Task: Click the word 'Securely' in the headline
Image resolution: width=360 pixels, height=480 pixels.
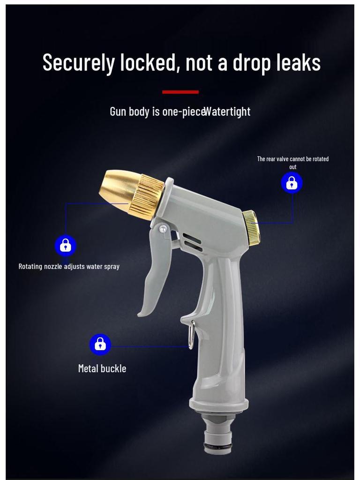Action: (x=78, y=63)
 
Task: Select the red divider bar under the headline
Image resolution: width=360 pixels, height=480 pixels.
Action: (x=180, y=92)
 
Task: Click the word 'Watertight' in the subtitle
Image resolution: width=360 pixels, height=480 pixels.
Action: (x=228, y=112)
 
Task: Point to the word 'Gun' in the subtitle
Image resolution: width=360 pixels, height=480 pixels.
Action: (x=118, y=112)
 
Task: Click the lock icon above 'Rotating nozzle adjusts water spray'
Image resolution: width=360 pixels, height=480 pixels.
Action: (x=66, y=245)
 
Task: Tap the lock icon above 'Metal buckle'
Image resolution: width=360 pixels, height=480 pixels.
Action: (x=100, y=345)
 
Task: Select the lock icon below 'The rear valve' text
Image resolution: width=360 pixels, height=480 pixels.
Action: (x=292, y=183)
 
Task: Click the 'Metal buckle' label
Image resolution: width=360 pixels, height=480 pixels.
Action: (x=102, y=368)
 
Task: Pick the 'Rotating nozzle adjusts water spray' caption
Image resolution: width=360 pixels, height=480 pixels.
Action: (x=69, y=266)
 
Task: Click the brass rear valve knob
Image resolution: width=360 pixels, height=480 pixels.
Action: (x=251, y=228)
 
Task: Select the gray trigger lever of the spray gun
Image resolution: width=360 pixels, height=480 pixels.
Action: (x=155, y=272)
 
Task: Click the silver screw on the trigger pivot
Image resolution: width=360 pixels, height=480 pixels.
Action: (x=163, y=229)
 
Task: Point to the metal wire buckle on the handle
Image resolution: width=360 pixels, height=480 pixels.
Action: (x=191, y=335)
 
